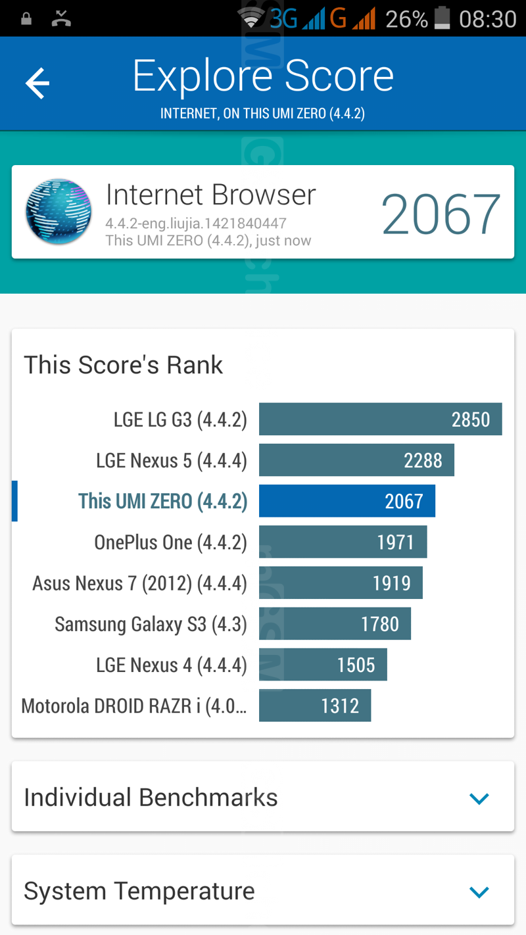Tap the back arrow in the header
[x=37, y=84]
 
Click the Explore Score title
[x=263, y=76]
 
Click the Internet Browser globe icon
[x=59, y=212]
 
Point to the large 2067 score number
[x=441, y=214]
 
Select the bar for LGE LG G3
[x=380, y=420]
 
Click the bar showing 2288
[x=356, y=460]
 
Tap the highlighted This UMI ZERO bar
[x=347, y=501]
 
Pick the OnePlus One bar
[x=343, y=542]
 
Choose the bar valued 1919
[x=341, y=583]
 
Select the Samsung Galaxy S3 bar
[x=335, y=623]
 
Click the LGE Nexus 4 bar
[x=323, y=665]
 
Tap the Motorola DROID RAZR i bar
[x=315, y=706]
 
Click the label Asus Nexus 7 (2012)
[x=139, y=583]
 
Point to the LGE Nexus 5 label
[x=172, y=461]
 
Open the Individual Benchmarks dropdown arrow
[x=479, y=798]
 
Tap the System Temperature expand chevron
[x=479, y=892]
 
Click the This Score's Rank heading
[x=124, y=365]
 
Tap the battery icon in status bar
[x=442, y=18]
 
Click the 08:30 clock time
[x=487, y=19]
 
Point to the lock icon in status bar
[x=26, y=18]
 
